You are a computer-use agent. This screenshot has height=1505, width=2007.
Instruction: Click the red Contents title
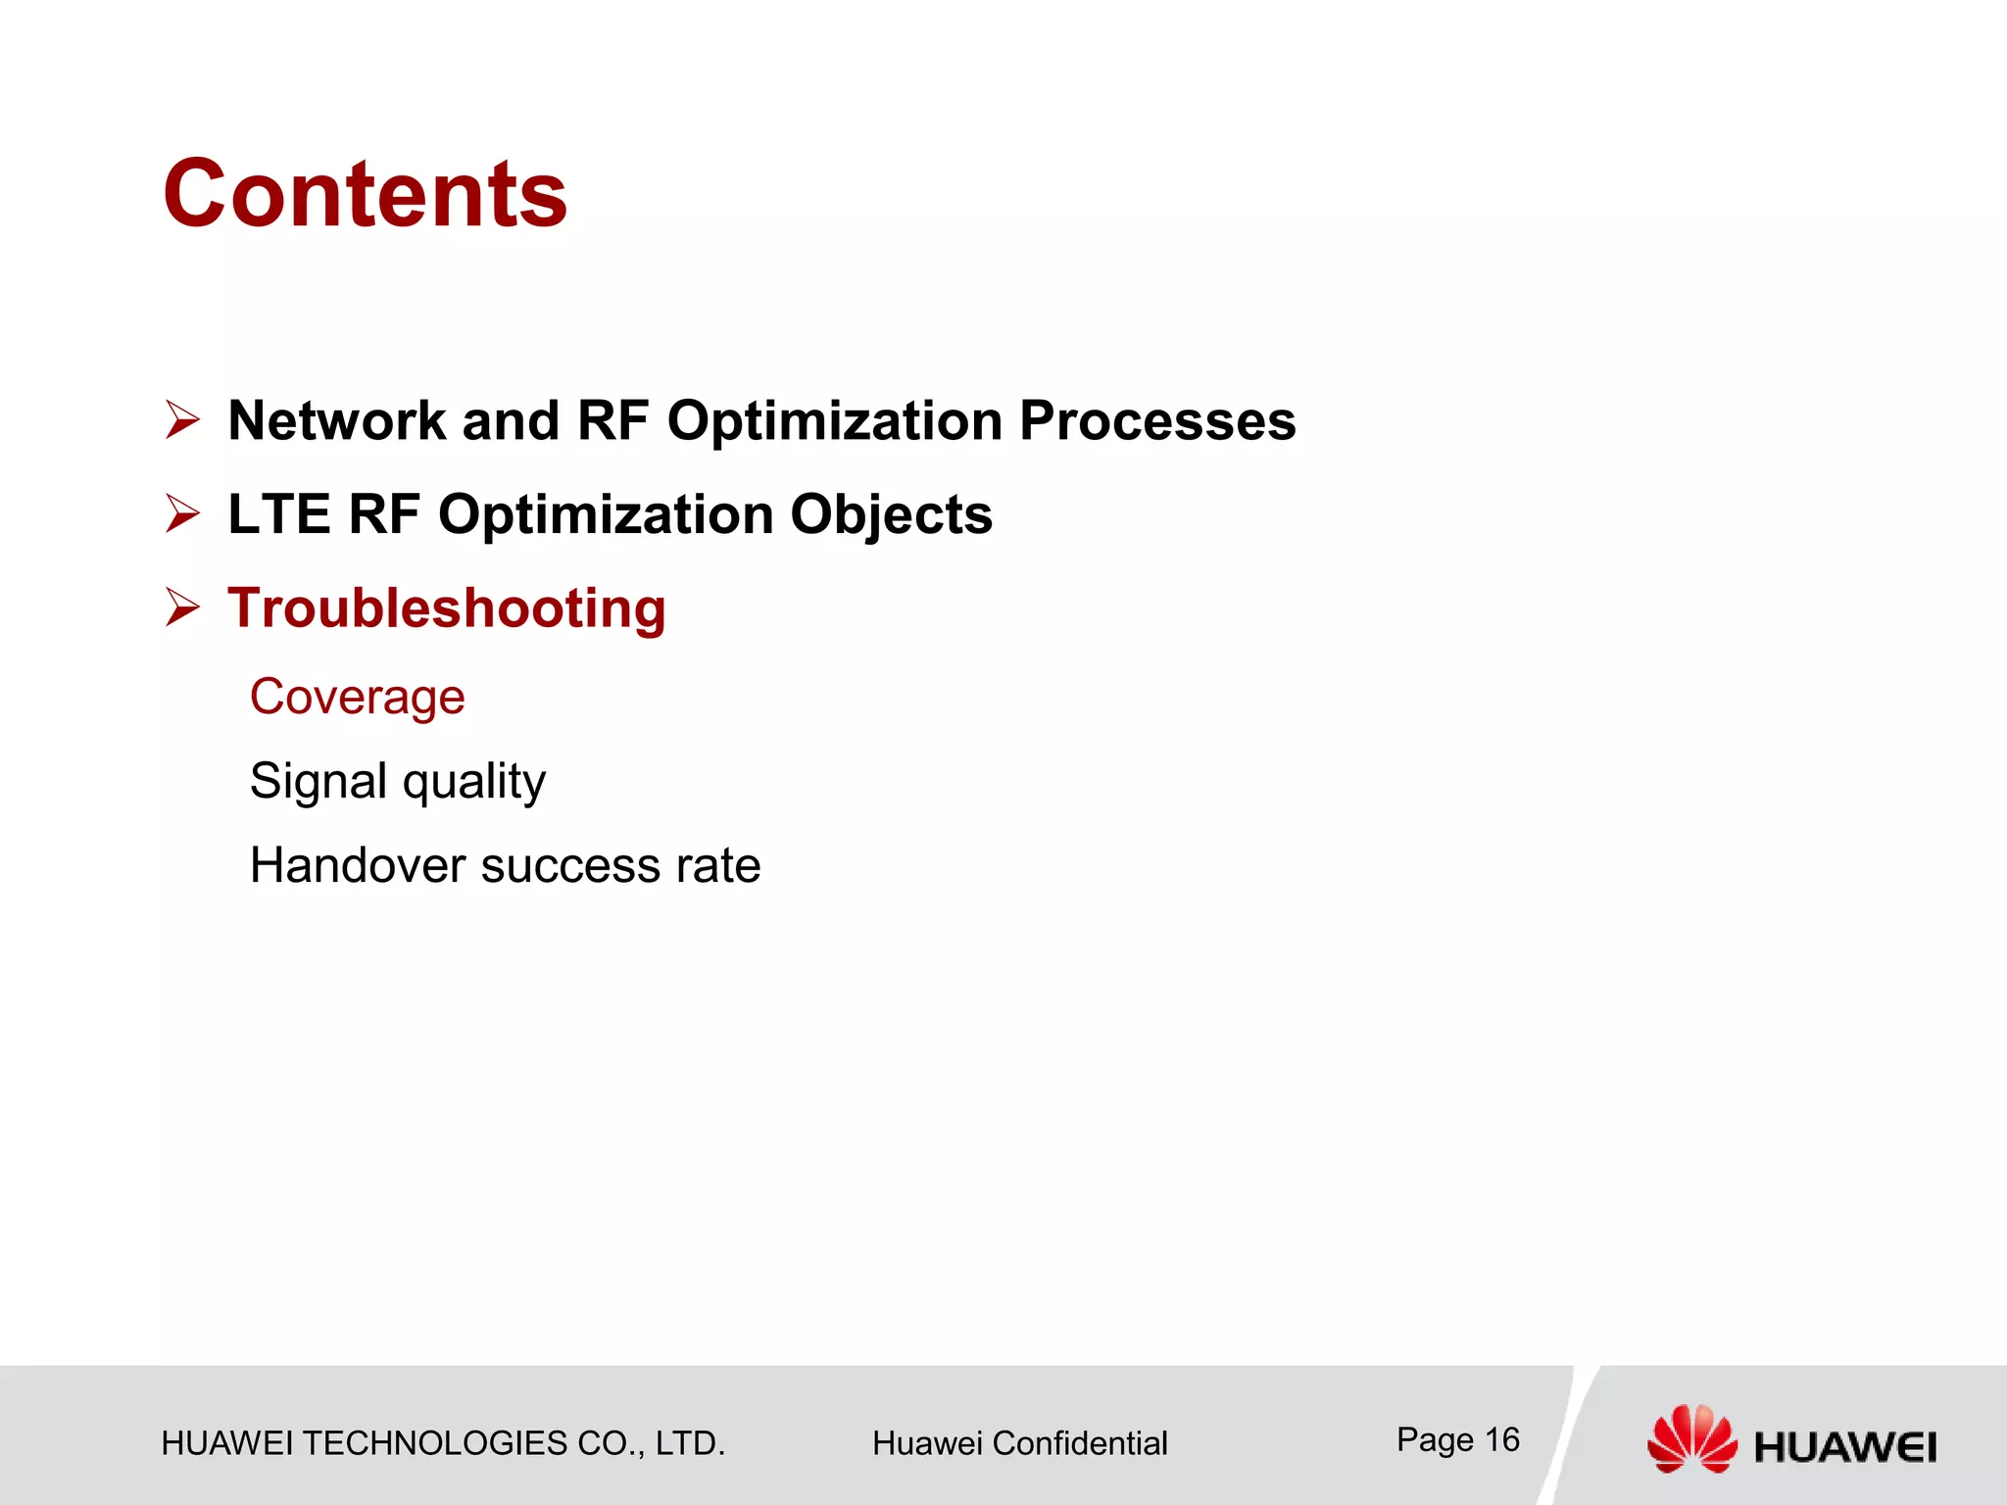(x=365, y=194)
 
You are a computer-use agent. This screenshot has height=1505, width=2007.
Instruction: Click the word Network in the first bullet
(x=337, y=420)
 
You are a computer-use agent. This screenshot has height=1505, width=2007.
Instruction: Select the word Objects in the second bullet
(x=891, y=514)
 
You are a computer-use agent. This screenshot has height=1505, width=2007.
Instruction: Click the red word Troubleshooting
(x=447, y=608)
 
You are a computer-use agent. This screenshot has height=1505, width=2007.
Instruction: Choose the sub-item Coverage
(x=357, y=697)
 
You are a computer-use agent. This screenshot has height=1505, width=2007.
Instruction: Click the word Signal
(x=318, y=781)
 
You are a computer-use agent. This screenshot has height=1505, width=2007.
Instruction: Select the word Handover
(x=357, y=865)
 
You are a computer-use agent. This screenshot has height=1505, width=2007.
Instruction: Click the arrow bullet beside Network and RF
(x=182, y=420)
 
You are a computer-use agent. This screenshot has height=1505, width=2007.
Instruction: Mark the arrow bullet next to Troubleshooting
(x=182, y=607)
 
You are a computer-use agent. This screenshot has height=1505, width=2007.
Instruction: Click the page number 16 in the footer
(x=1501, y=1439)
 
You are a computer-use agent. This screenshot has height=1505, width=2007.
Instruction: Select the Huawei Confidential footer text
(x=1019, y=1443)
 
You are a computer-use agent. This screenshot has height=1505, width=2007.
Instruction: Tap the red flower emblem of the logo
(x=1691, y=1438)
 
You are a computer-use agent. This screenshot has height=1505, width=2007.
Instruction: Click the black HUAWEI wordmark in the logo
(x=1844, y=1447)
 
